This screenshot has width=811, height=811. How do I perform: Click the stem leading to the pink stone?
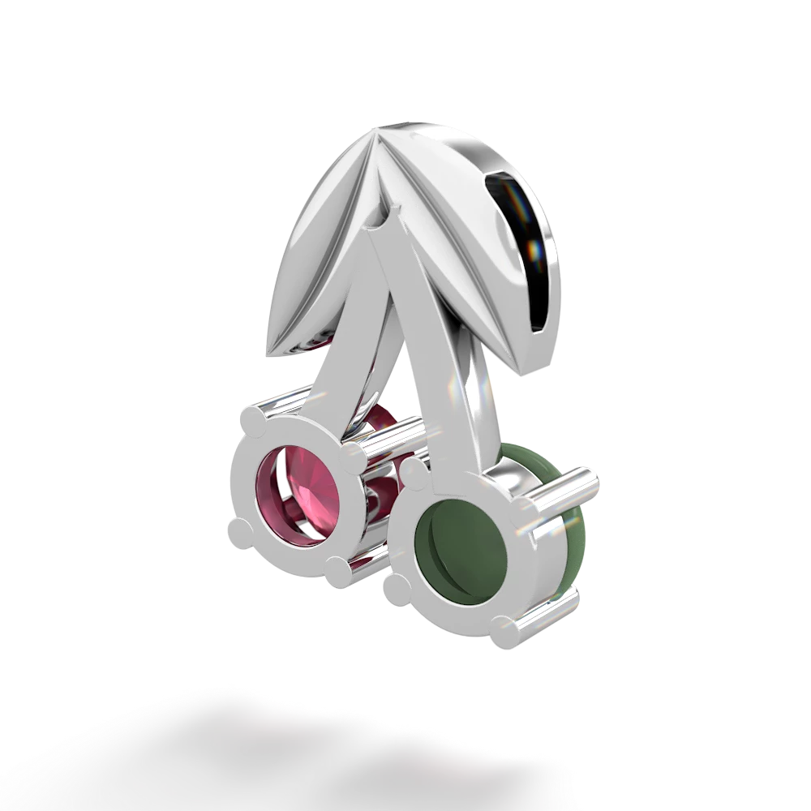[341, 357]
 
